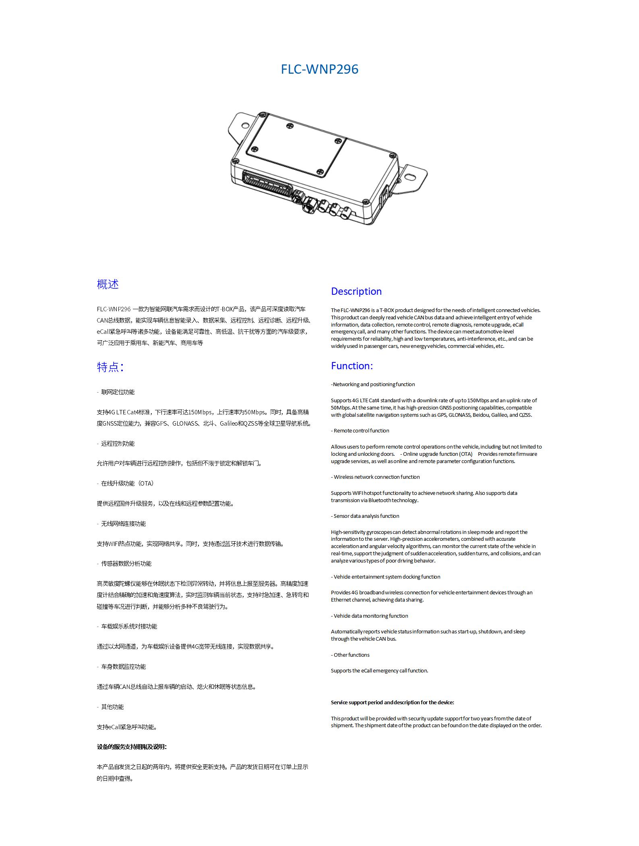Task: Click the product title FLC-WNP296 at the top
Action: click(x=319, y=69)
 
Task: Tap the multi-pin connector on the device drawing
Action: click(x=268, y=185)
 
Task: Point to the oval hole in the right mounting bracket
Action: click(x=410, y=176)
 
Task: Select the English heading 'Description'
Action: click(x=356, y=291)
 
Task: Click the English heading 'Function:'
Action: click(x=352, y=366)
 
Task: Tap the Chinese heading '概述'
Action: click(x=108, y=284)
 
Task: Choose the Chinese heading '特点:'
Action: click(x=110, y=367)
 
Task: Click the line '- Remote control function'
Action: click(x=360, y=430)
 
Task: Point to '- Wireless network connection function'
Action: click(x=375, y=477)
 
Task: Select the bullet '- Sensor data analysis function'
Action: click(x=365, y=516)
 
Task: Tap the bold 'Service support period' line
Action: click(x=392, y=702)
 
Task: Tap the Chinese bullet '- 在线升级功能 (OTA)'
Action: click(x=125, y=483)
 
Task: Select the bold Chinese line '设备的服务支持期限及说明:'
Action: click(x=132, y=747)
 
